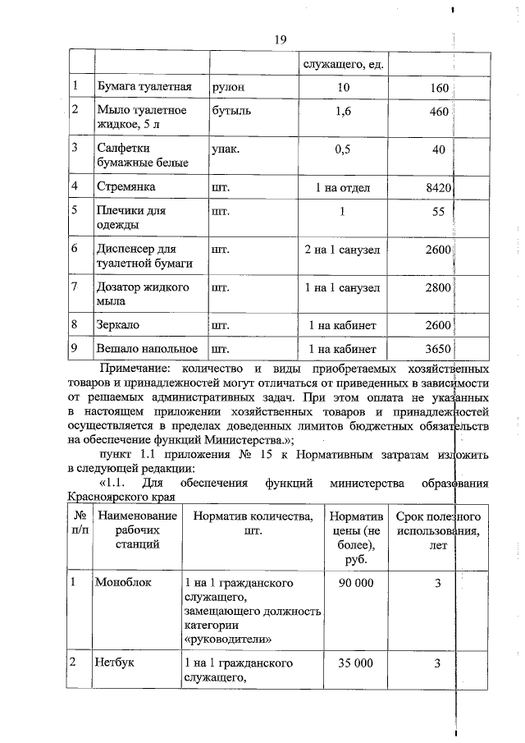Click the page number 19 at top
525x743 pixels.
click(279, 39)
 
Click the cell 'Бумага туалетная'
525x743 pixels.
click(144, 87)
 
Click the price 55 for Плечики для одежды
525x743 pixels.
click(438, 211)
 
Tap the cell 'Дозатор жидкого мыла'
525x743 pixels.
click(143, 294)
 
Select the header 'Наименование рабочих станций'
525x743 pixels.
click(137, 531)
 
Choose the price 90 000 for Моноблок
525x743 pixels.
click(356, 583)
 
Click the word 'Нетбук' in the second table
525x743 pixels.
click(117, 663)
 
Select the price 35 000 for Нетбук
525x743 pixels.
click(356, 663)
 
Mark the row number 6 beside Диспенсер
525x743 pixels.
click(75, 248)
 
